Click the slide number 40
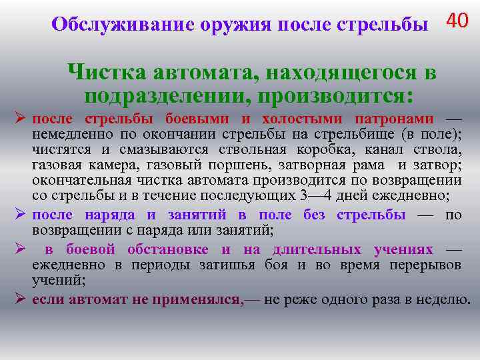tap(457, 21)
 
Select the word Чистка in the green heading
tap(107, 72)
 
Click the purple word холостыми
tap(291, 119)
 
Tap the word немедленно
tap(66, 133)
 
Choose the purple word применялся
tap(195, 299)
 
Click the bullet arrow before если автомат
tap(20, 298)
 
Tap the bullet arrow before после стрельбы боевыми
tap(20, 118)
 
